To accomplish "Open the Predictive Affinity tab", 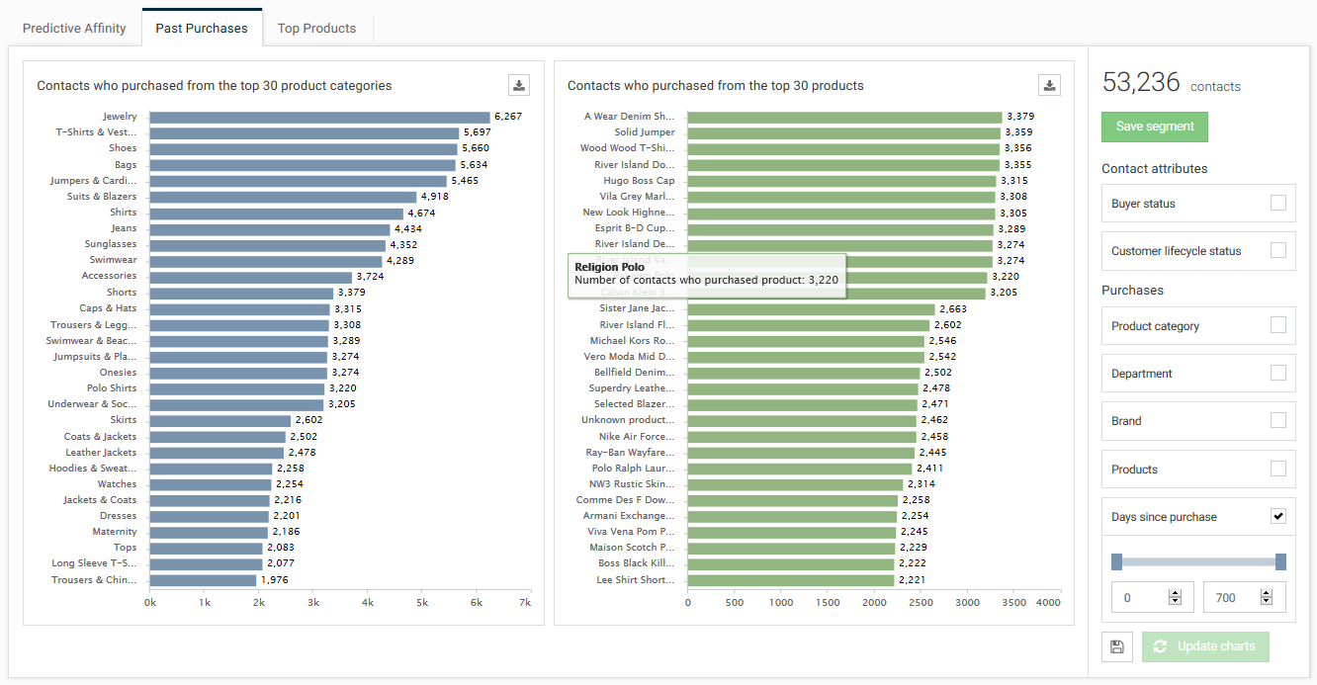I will [74, 29].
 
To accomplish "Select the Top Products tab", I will [316, 29].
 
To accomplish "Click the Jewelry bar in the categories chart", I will [319, 117].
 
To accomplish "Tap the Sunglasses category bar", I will [267, 244].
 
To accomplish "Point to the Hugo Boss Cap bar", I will [841, 181].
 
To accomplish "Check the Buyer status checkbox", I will [1278, 204].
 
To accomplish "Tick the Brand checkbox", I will [1278, 421].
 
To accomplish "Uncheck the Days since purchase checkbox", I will [1278, 517].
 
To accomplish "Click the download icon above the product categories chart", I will [519, 85].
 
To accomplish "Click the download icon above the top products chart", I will [1050, 85].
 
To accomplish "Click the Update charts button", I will [1205, 646].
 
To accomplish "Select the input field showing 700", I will [1231, 597].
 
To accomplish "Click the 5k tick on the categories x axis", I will [421, 602].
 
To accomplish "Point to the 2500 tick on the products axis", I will [922, 602].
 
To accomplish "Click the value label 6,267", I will [508, 117].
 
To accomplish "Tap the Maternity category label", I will [115, 532].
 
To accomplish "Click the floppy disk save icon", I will [1116, 646].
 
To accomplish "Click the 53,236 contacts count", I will [1141, 83].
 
